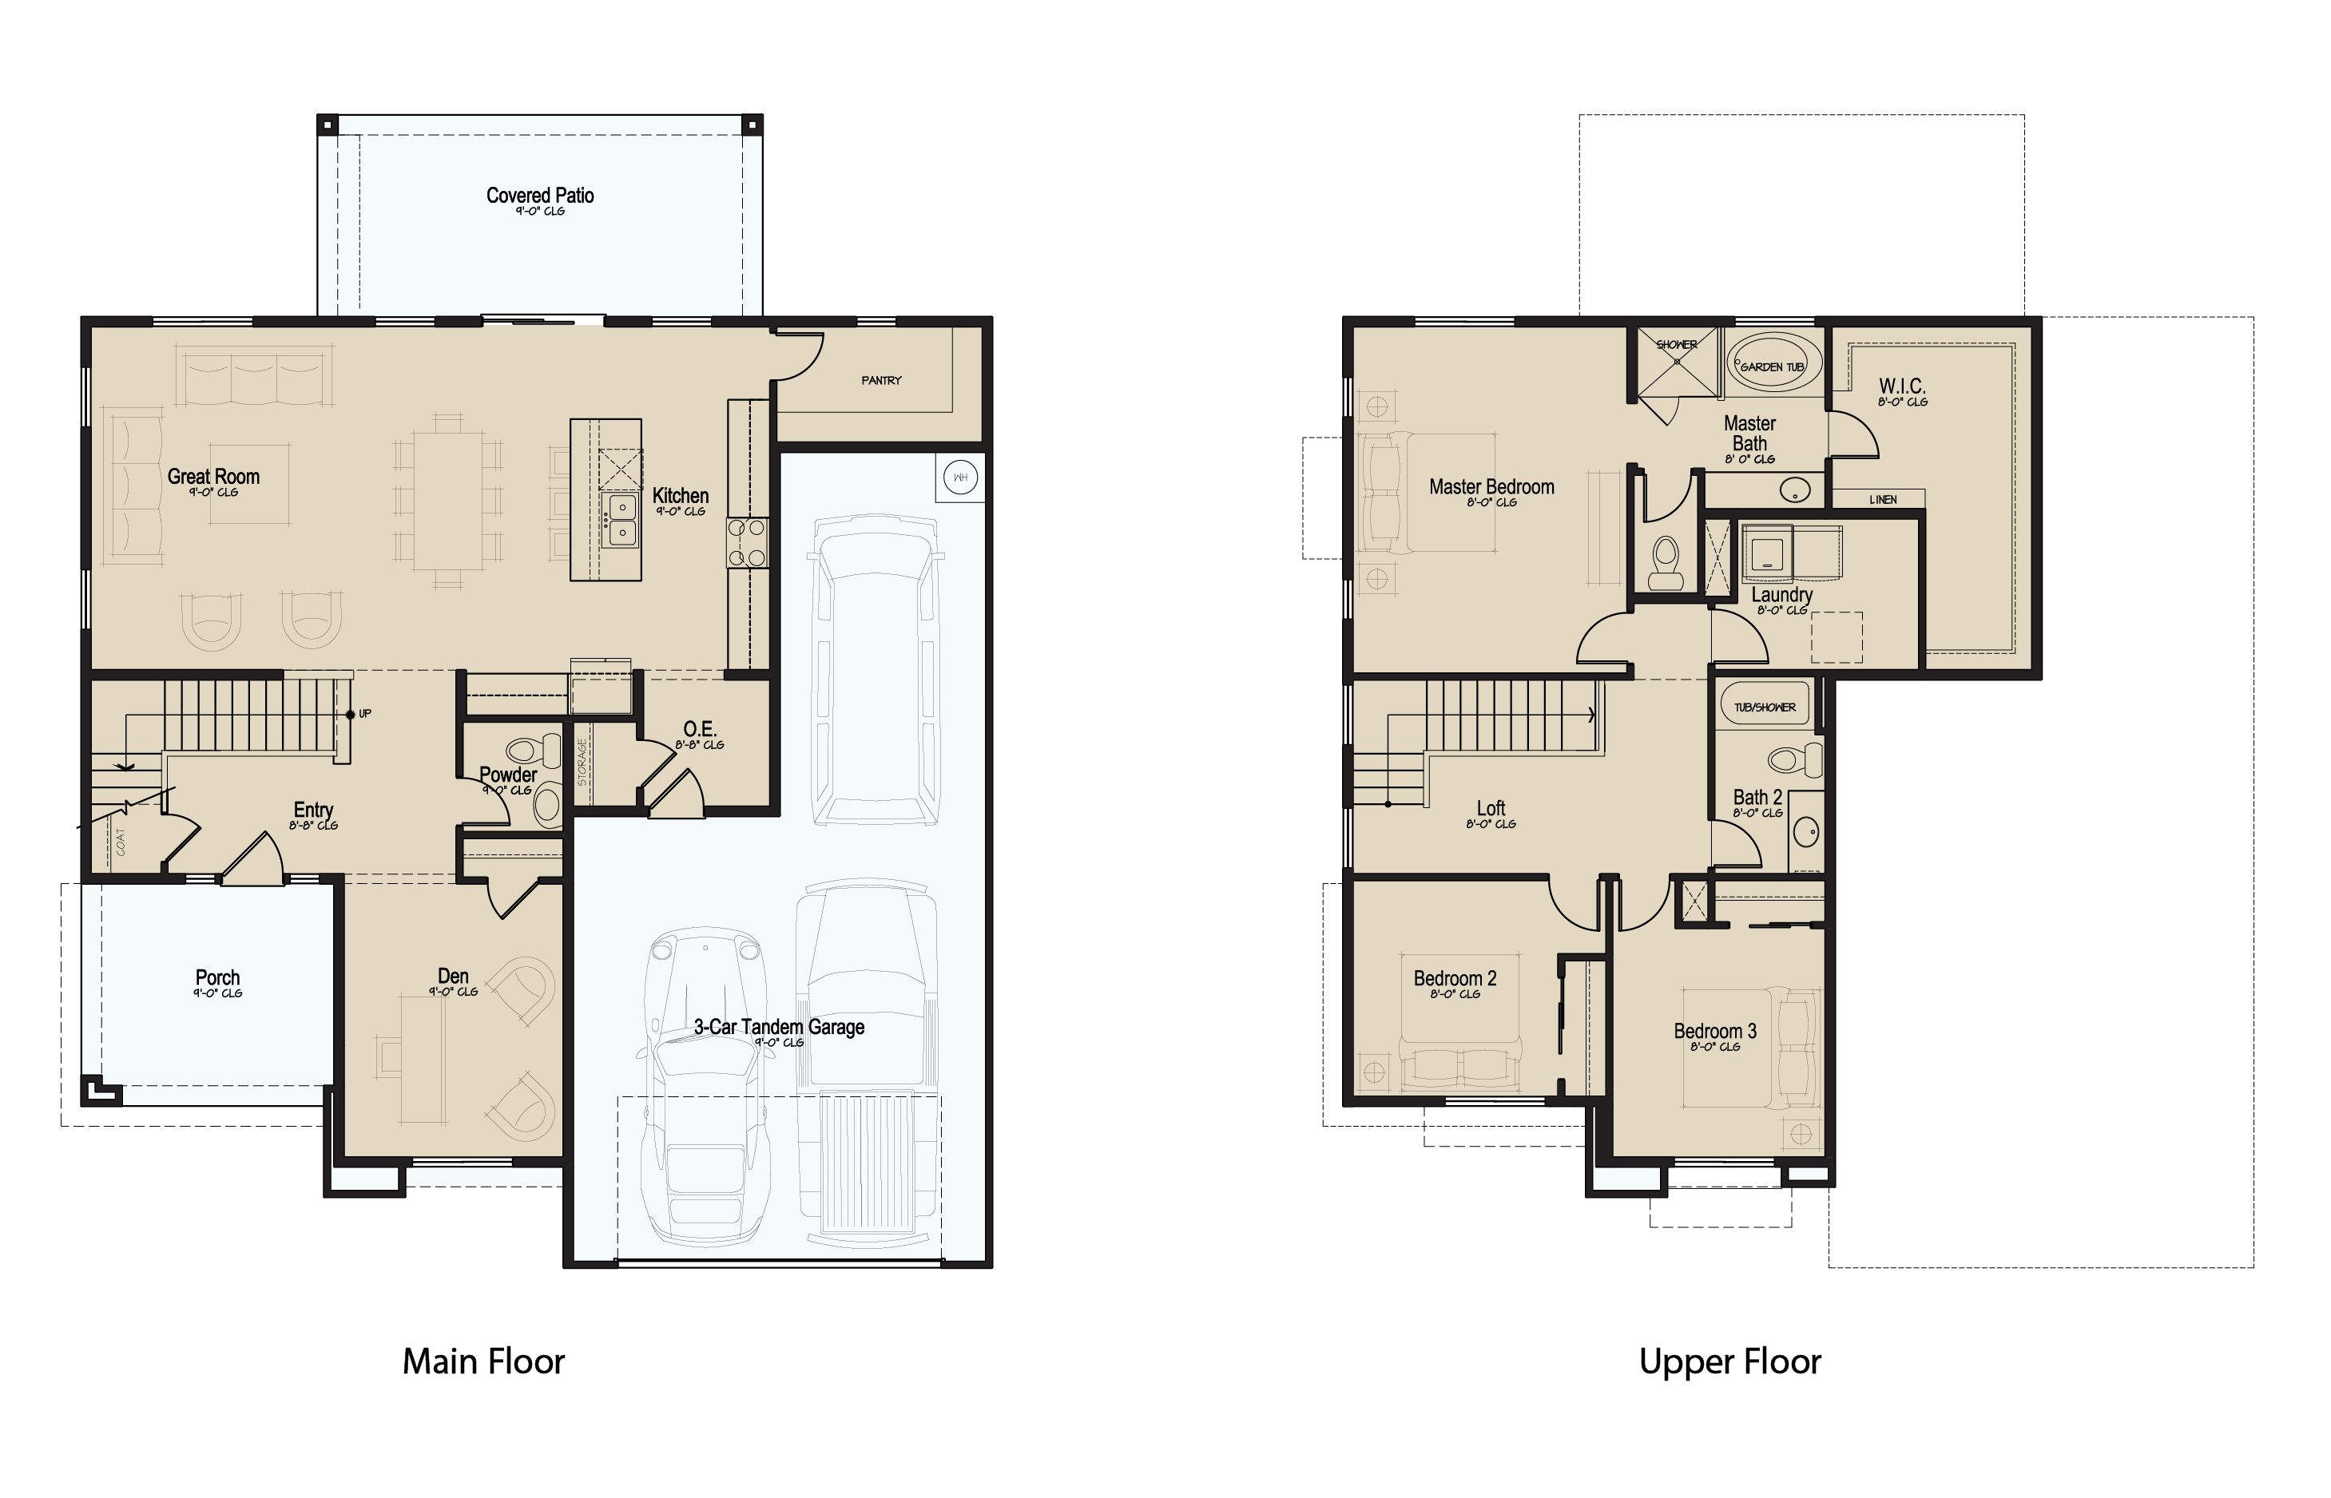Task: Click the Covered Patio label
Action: click(x=540, y=196)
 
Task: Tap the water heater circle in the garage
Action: click(x=960, y=478)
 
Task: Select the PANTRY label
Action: click(x=881, y=380)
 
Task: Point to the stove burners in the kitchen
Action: click(x=746, y=543)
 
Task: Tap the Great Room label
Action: click(x=213, y=477)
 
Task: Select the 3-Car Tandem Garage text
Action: click(x=780, y=1027)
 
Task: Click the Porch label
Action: click(x=217, y=977)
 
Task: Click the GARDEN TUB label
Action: click(x=1772, y=367)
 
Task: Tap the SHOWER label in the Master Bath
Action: click(x=1676, y=344)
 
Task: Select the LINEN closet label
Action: click(x=1883, y=500)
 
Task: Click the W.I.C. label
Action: click(x=1902, y=386)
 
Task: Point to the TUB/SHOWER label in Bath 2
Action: click(x=1765, y=707)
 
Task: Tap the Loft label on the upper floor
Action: click(x=1491, y=808)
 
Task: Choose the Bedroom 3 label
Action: click(x=1715, y=1031)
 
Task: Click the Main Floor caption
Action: click(x=483, y=1361)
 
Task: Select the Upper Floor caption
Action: click(x=1729, y=1361)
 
